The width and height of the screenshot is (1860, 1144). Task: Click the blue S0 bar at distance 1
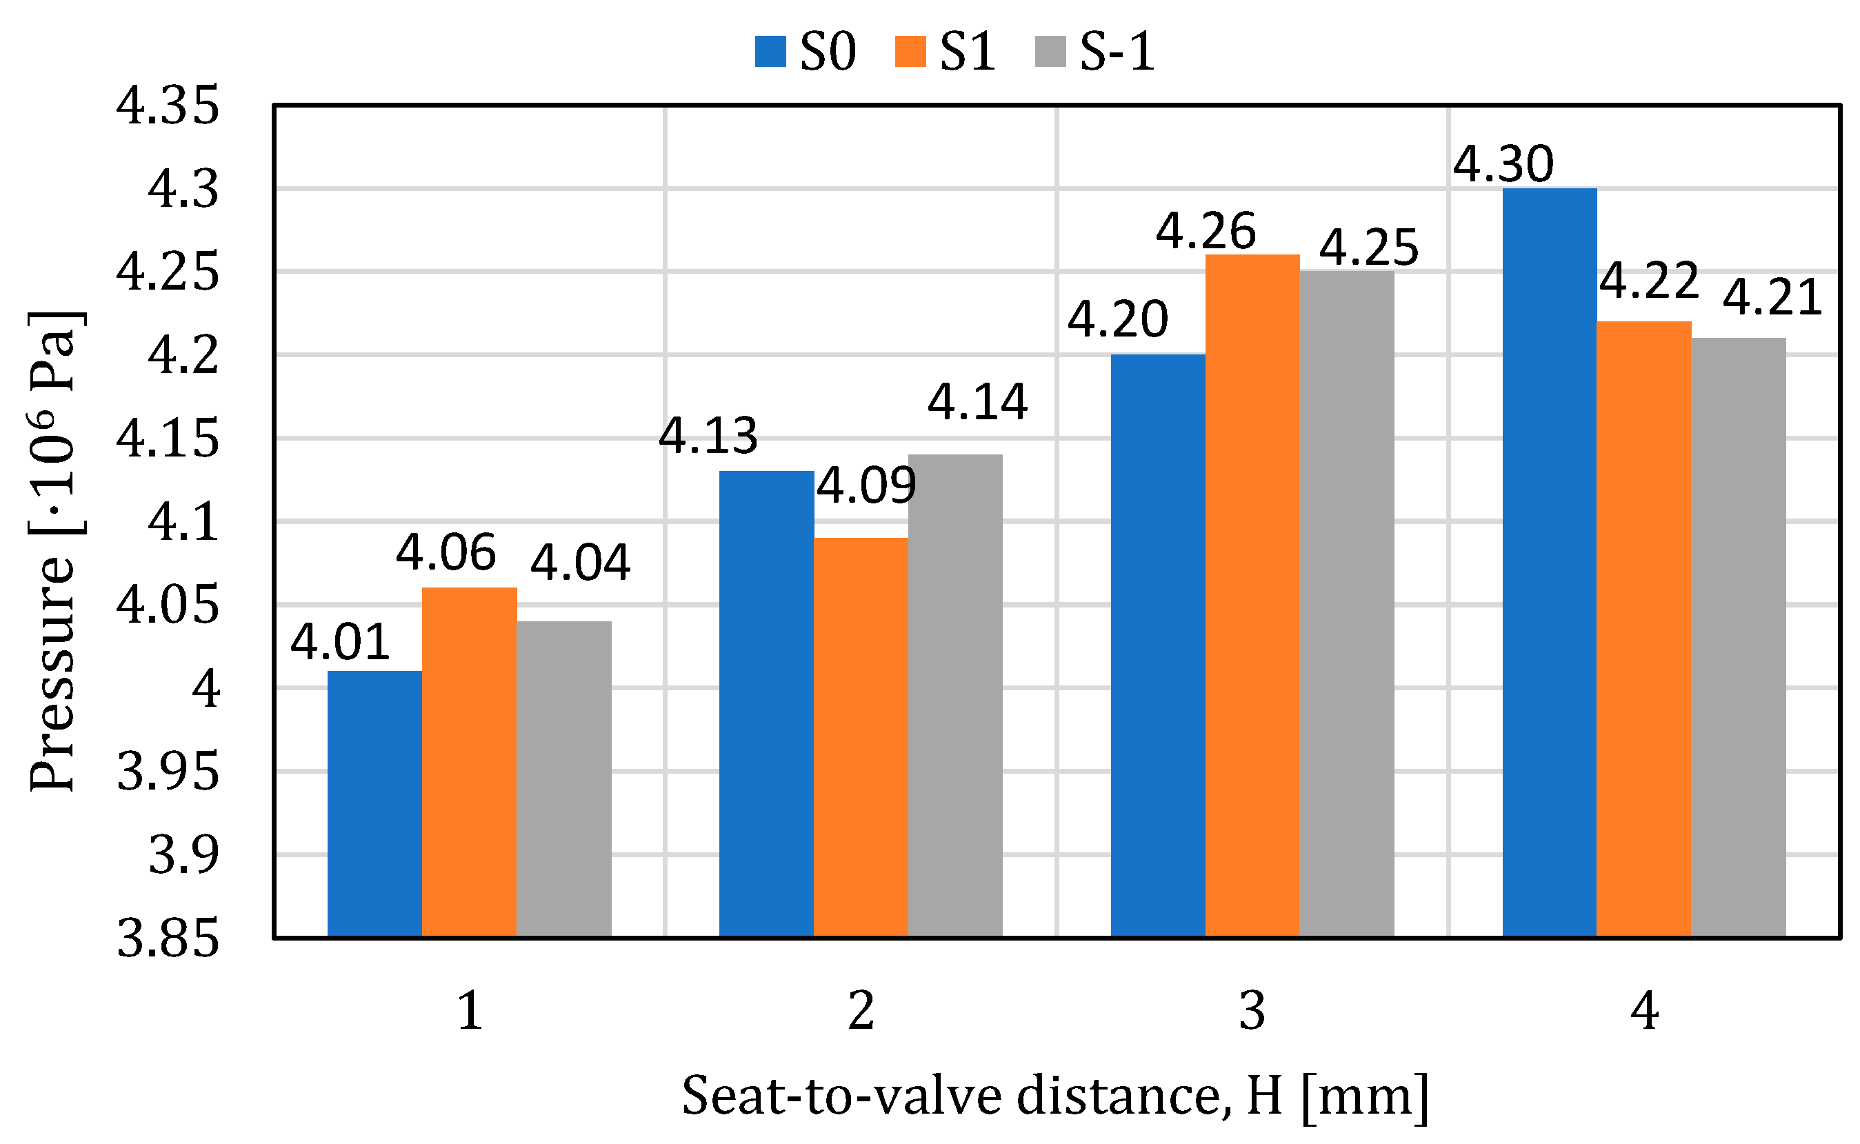(374, 803)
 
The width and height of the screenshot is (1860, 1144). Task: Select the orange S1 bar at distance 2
(861, 738)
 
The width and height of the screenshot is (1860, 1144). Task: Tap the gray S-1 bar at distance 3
(1346, 604)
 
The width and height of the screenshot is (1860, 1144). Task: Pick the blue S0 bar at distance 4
(1549, 563)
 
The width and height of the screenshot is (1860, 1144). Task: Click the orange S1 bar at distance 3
(1252, 596)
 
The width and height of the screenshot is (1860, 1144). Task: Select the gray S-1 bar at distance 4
(1738, 638)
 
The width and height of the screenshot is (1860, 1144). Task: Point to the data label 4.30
(1503, 163)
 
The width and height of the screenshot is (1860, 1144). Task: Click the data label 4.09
(866, 485)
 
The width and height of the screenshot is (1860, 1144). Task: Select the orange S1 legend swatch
(910, 52)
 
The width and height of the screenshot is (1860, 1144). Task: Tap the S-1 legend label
(1117, 52)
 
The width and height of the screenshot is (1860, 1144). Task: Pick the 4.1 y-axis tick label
(183, 522)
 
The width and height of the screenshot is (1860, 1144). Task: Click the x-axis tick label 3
(1252, 1011)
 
